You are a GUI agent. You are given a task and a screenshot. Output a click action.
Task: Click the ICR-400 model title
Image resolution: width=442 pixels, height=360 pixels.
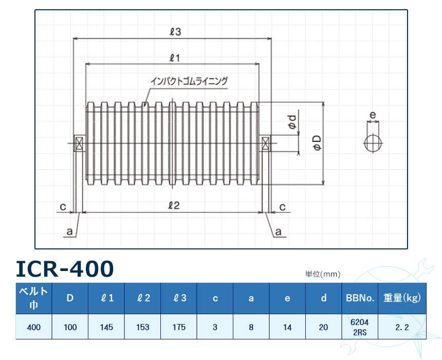(x=65, y=268)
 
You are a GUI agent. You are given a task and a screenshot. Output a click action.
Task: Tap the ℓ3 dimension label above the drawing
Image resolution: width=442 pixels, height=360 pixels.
(x=175, y=32)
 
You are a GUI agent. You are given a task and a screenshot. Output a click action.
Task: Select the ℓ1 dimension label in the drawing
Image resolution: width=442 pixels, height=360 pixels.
(x=174, y=58)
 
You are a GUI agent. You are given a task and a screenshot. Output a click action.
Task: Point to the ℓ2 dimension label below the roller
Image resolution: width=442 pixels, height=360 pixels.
(x=174, y=206)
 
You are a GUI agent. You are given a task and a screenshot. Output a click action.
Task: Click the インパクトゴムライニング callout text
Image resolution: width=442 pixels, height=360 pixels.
(x=188, y=81)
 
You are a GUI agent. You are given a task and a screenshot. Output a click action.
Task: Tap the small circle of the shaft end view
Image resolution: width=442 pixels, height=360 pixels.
(x=373, y=143)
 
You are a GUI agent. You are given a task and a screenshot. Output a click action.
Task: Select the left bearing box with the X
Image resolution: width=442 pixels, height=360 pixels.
(x=80, y=143)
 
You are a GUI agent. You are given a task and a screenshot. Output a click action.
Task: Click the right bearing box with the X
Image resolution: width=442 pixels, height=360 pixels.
(x=266, y=143)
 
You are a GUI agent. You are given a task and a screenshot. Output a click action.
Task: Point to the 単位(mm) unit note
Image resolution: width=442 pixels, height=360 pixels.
(x=323, y=274)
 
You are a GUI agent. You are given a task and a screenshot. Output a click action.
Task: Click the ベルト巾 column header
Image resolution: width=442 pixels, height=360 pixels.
(x=34, y=297)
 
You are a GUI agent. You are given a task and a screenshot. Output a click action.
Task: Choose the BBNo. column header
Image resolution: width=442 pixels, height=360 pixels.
(x=360, y=298)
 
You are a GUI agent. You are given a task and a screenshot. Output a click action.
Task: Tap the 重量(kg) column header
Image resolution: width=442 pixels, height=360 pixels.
(x=402, y=298)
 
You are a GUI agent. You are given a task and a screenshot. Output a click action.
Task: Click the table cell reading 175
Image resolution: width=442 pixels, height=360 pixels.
(x=179, y=327)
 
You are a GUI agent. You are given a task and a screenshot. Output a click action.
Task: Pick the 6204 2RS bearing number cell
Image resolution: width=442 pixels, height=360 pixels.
(x=360, y=327)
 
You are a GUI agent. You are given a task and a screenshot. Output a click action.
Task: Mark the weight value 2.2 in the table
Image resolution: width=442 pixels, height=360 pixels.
(x=402, y=327)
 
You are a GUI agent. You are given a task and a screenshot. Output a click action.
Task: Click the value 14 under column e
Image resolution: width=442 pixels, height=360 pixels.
(x=287, y=327)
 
